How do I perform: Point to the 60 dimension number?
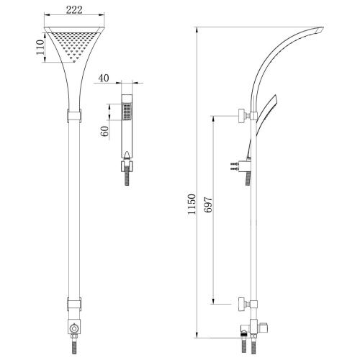[105, 131]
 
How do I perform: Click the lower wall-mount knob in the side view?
[240, 305]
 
